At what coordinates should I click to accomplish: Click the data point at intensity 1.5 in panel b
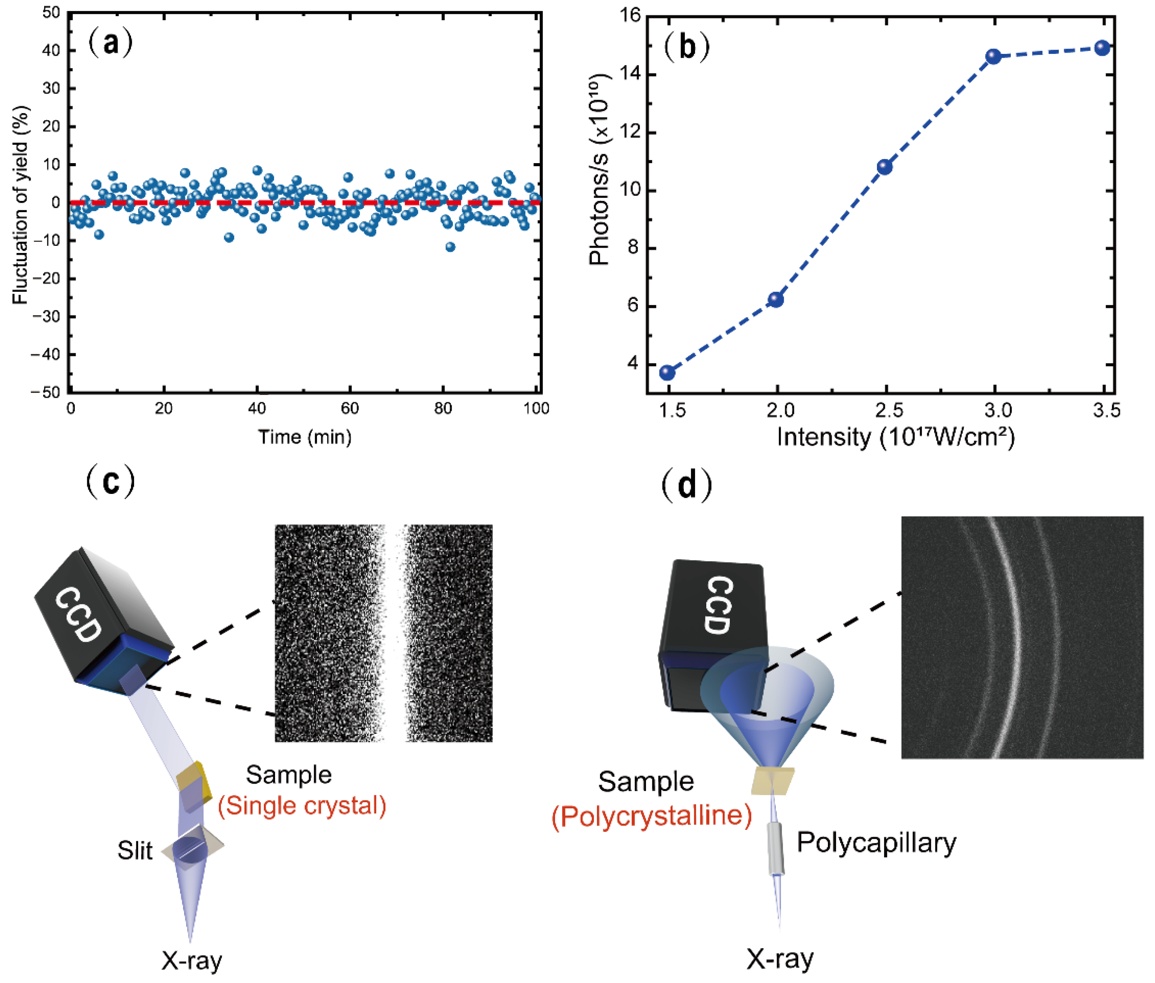tap(667, 373)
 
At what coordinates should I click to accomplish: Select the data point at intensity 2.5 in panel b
tap(885, 167)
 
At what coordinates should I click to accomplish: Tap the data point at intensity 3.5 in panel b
tap(1102, 48)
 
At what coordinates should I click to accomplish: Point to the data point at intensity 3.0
tap(993, 56)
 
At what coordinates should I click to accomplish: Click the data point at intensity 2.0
tap(776, 300)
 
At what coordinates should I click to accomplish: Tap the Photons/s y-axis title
tap(600, 170)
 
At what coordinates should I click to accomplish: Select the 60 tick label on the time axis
tap(350, 409)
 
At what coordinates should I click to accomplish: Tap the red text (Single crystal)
tap(302, 806)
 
